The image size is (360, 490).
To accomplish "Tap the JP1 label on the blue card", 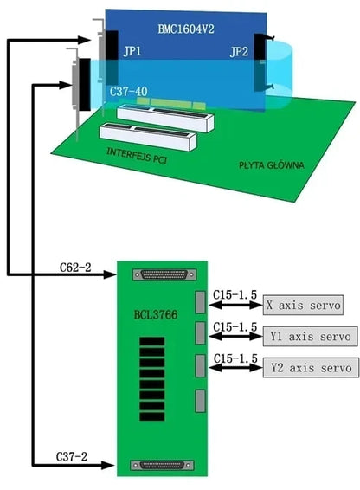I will [132, 51].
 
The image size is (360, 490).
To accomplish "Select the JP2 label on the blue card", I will [238, 52].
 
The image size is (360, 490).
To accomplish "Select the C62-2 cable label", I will [77, 267].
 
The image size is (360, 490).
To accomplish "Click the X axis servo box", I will [303, 305].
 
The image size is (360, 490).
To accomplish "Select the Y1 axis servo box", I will [308, 336].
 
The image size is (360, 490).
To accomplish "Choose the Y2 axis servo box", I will [308, 368].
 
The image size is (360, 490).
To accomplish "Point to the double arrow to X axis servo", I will [235, 306].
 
